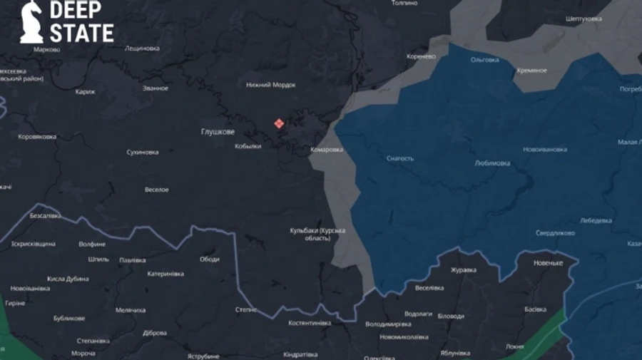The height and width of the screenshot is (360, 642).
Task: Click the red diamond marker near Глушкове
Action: click(x=279, y=123)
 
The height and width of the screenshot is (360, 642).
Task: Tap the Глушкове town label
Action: click(x=218, y=132)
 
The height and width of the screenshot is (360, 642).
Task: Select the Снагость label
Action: click(x=399, y=158)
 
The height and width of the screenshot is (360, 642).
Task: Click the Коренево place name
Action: click(x=421, y=56)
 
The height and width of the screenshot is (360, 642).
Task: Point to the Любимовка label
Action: click(x=492, y=163)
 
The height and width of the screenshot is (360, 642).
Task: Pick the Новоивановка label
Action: click(x=545, y=149)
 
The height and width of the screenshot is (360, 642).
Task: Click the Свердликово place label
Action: click(x=556, y=233)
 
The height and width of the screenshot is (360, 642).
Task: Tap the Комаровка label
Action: click(x=327, y=150)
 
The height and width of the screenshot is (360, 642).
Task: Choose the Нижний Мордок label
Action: click(x=271, y=85)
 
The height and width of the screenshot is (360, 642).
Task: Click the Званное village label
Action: click(x=156, y=88)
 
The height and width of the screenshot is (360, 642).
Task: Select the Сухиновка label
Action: click(x=143, y=152)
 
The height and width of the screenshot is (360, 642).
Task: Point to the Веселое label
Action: click(x=157, y=190)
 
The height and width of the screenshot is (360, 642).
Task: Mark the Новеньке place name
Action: click(x=548, y=263)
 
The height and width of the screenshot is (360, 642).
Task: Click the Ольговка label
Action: click(x=485, y=60)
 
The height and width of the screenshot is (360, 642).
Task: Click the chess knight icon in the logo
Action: click(x=31, y=21)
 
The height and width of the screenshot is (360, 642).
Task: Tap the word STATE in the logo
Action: click(x=81, y=33)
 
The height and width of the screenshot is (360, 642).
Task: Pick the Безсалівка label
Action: click(x=46, y=215)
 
